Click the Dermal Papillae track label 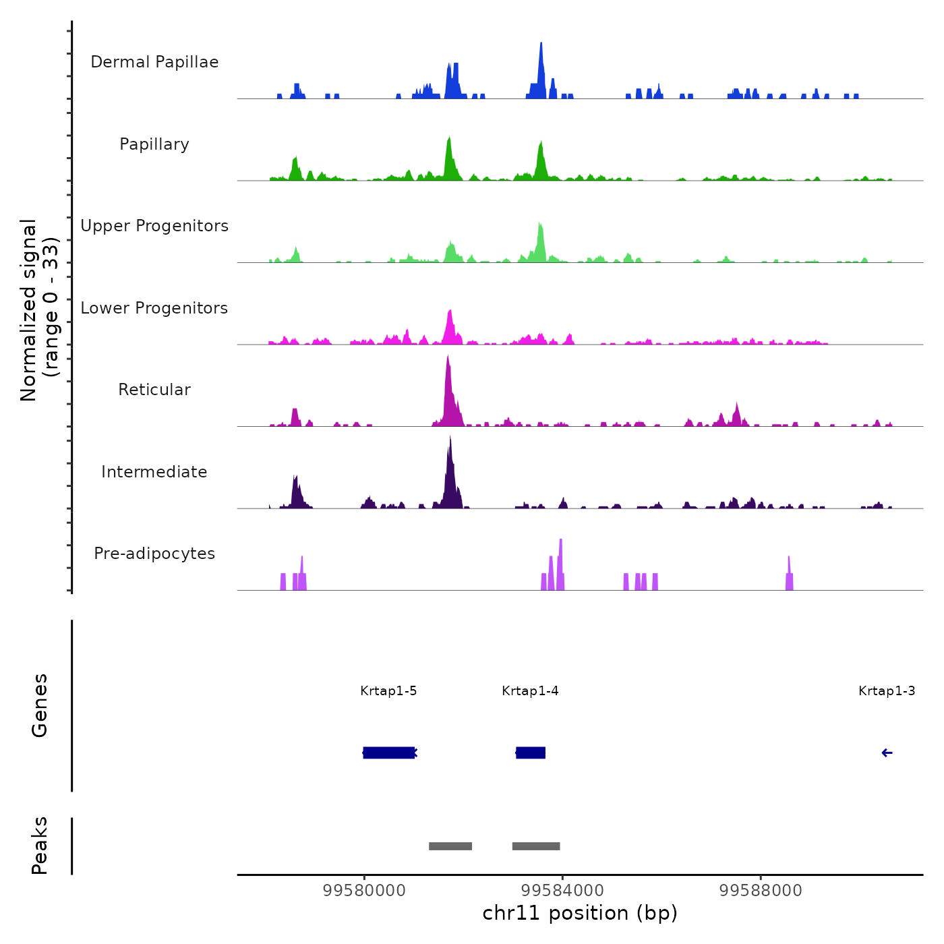click(x=154, y=62)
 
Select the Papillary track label click(x=154, y=144)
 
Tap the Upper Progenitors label click(x=154, y=226)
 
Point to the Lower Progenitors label click(x=154, y=308)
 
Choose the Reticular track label click(x=154, y=390)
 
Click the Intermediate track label click(x=154, y=472)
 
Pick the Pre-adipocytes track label click(x=154, y=554)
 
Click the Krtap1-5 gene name click(x=388, y=691)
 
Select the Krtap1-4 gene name click(x=530, y=691)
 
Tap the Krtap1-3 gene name click(x=887, y=691)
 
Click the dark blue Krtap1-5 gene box click(x=389, y=753)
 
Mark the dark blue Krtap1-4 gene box click(x=531, y=753)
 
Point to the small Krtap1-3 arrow click(x=887, y=753)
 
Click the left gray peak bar click(x=450, y=846)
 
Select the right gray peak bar click(x=536, y=846)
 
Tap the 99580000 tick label click(x=364, y=891)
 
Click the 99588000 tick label click(x=761, y=891)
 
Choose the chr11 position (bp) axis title click(x=580, y=914)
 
